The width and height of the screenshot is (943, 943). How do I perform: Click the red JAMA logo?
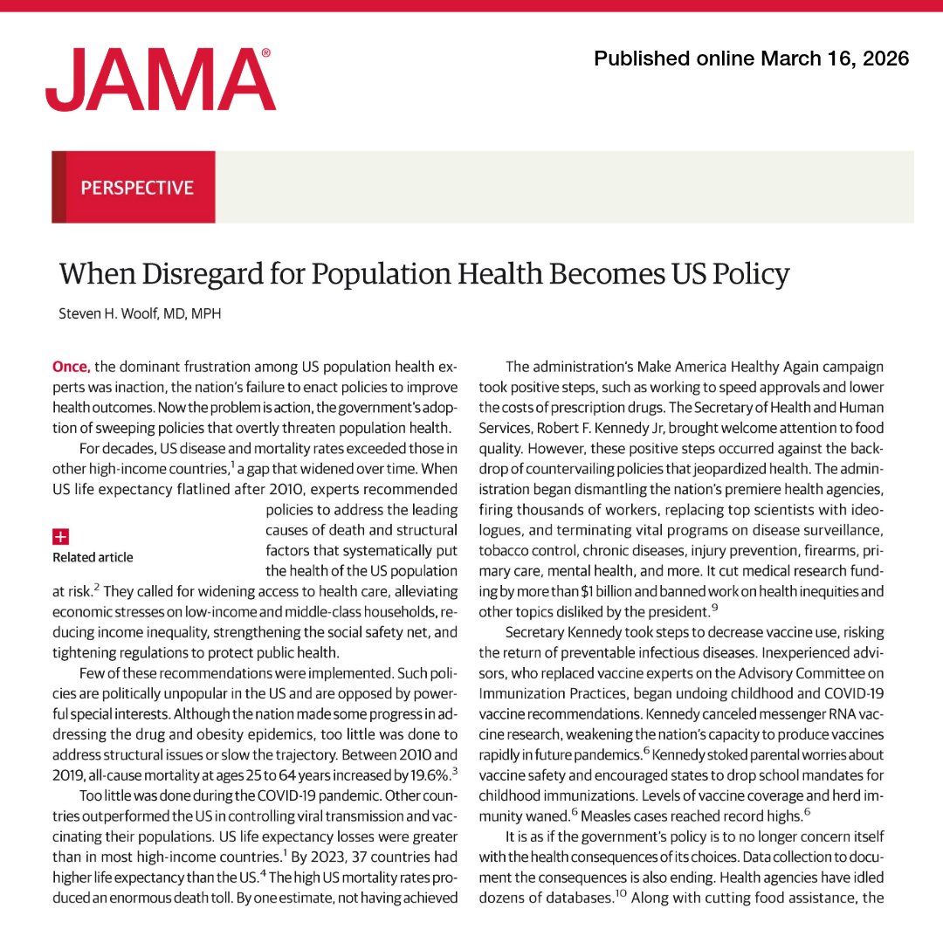point(161,80)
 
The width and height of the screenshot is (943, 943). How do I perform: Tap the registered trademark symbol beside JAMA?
point(266,53)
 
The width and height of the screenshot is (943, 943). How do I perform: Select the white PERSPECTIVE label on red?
point(136,188)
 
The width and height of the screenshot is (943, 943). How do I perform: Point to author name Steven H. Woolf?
point(113,313)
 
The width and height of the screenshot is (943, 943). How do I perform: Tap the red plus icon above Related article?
point(61,536)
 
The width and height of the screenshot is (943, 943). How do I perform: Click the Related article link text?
point(93,557)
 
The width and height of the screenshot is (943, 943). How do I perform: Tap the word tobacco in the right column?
point(506,551)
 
